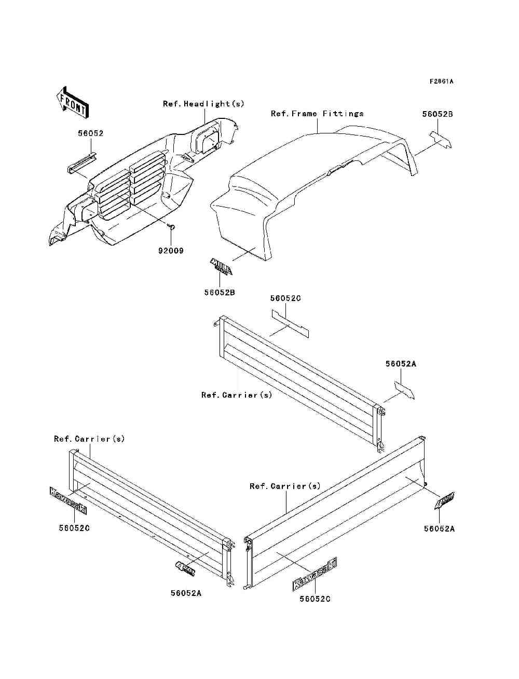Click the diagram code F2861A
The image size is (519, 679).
coord(441,82)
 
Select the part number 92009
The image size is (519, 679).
coord(171,251)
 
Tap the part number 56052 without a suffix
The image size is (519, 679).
coord(91,133)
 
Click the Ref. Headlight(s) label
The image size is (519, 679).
coord(203,104)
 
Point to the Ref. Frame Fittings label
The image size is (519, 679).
coord(317,114)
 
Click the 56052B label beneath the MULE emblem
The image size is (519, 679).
coord(220,293)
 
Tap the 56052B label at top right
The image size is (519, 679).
coord(437,114)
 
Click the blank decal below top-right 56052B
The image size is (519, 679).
coord(440,140)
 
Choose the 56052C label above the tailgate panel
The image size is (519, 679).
coord(285,298)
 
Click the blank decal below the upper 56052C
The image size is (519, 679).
coord(290,323)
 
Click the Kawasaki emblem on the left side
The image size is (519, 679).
coord(68,500)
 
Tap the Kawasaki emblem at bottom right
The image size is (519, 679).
coord(315,575)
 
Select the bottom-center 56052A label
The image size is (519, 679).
coord(186,593)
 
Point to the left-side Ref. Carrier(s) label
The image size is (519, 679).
coord(89,439)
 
